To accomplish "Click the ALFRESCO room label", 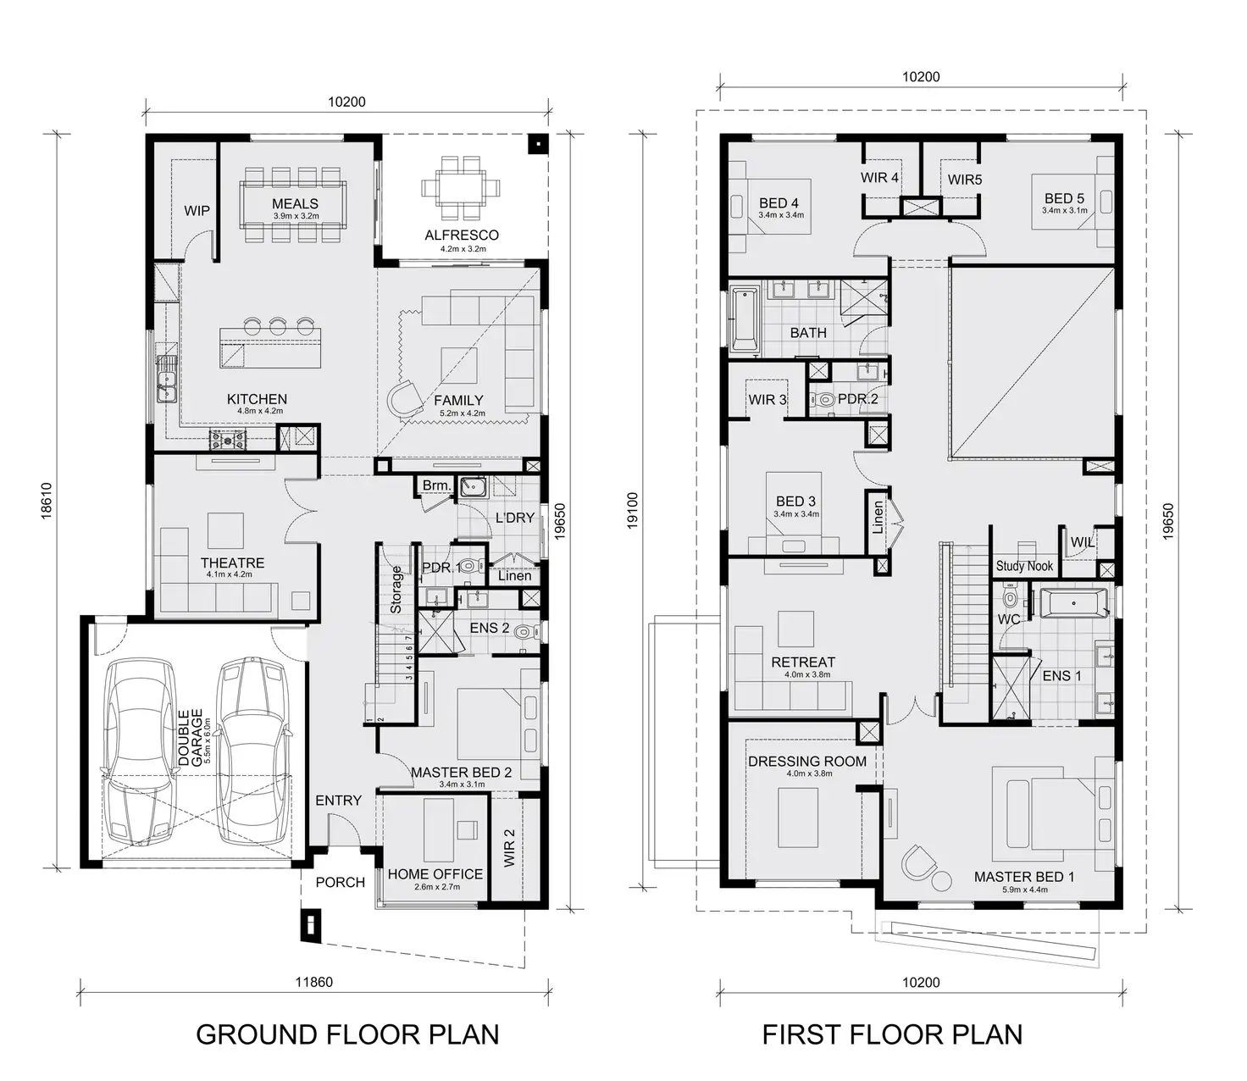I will click(461, 236).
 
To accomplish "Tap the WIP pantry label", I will click(197, 211).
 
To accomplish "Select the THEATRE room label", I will click(232, 563).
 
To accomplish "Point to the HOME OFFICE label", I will click(435, 874).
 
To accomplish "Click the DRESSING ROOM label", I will click(806, 762).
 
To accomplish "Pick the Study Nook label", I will click(1024, 566).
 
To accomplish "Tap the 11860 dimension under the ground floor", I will click(313, 983).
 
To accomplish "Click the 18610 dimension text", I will click(47, 501).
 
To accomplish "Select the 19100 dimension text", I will click(632, 511).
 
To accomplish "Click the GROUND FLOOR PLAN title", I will click(347, 1034).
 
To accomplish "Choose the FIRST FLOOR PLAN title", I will click(892, 1034).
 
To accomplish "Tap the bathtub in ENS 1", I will click(1072, 604).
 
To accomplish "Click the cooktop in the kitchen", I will click(228, 440).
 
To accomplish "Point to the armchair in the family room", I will click(408, 398).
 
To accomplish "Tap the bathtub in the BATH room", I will click(744, 319).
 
